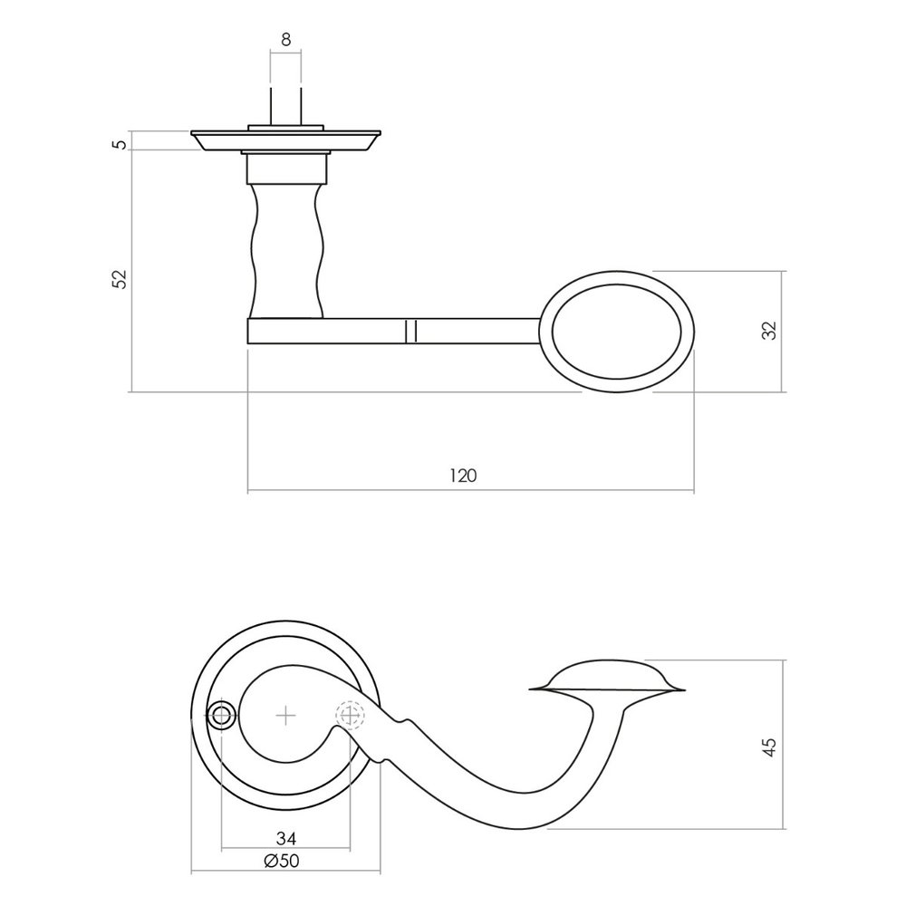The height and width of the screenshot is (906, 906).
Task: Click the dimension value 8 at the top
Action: click(285, 39)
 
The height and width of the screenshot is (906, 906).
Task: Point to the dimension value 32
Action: click(770, 331)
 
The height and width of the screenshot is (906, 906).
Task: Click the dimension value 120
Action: click(462, 475)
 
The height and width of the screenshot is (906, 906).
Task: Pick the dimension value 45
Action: click(770, 746)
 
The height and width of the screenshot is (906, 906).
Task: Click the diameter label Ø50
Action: click(282, 862)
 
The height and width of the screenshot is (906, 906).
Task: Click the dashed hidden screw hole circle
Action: click(350, 717)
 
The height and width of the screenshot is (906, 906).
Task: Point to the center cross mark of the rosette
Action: click(285, 717)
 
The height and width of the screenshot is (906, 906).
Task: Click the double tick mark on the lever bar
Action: click(410, 331)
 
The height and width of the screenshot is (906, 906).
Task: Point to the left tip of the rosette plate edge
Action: click(193, 139)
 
